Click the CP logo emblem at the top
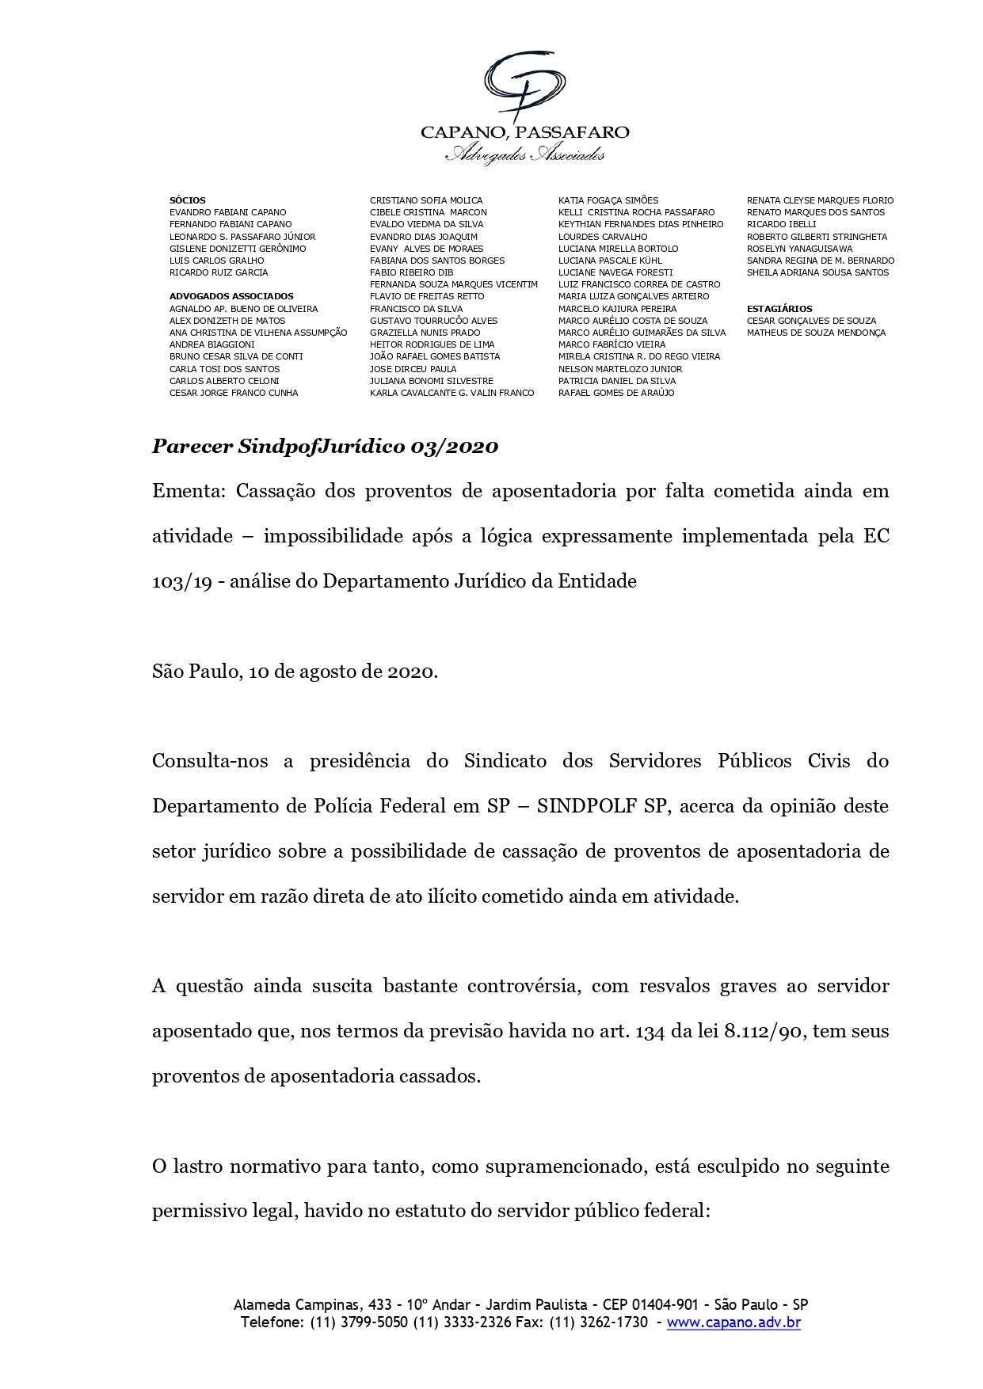coord(524,86)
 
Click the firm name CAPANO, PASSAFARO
coord(524,132)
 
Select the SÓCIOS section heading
coord(187,200)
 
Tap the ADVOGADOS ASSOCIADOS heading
coord(231,296)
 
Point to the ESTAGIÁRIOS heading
coord(779,309)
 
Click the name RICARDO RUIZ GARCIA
coord(219,272)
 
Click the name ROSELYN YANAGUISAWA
coord(799,249)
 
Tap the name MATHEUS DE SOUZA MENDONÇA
coord(816,333)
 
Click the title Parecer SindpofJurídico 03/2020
coord(325,447)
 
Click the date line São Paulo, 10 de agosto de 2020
coord(295,672)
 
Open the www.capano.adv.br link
coord(733,1322)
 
